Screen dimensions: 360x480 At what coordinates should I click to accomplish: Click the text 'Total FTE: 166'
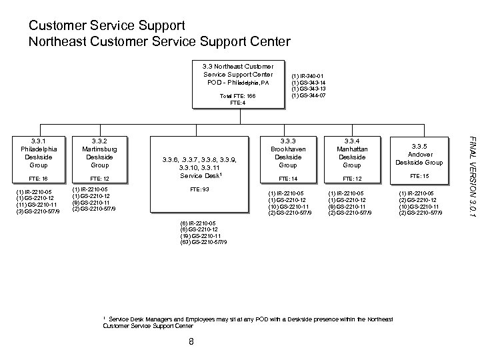pos(238,96)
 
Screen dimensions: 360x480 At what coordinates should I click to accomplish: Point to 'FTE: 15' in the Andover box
pos(419,176)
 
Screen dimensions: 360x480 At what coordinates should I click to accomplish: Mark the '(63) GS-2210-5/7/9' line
pos(203,241)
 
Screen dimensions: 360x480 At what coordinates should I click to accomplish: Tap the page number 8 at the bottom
pos(191,343)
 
